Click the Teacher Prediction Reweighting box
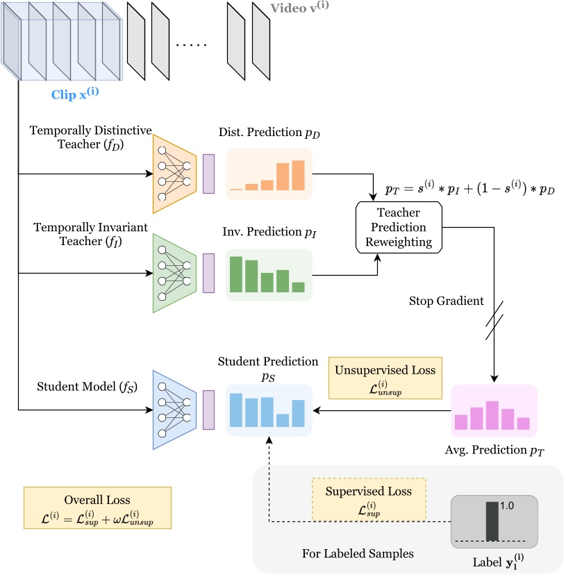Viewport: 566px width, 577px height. (x=399, y=228)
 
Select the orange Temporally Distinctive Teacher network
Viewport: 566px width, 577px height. (x=174, y=174)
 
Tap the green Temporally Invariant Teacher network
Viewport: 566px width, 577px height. (x=174, y=273)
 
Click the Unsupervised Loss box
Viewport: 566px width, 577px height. (x=385, y=378)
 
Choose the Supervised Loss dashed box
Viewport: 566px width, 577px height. (x=369, y=499)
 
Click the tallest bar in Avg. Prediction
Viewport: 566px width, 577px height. (x=492, y=415)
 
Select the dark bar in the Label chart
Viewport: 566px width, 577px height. (x=492, y=521)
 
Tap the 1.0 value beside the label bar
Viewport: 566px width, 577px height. (x=506, y=506)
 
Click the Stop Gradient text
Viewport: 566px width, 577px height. (x=446, y=302)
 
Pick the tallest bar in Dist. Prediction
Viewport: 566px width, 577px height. (x=298, y=175)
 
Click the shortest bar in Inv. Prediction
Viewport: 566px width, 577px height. (x=298, y=287)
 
